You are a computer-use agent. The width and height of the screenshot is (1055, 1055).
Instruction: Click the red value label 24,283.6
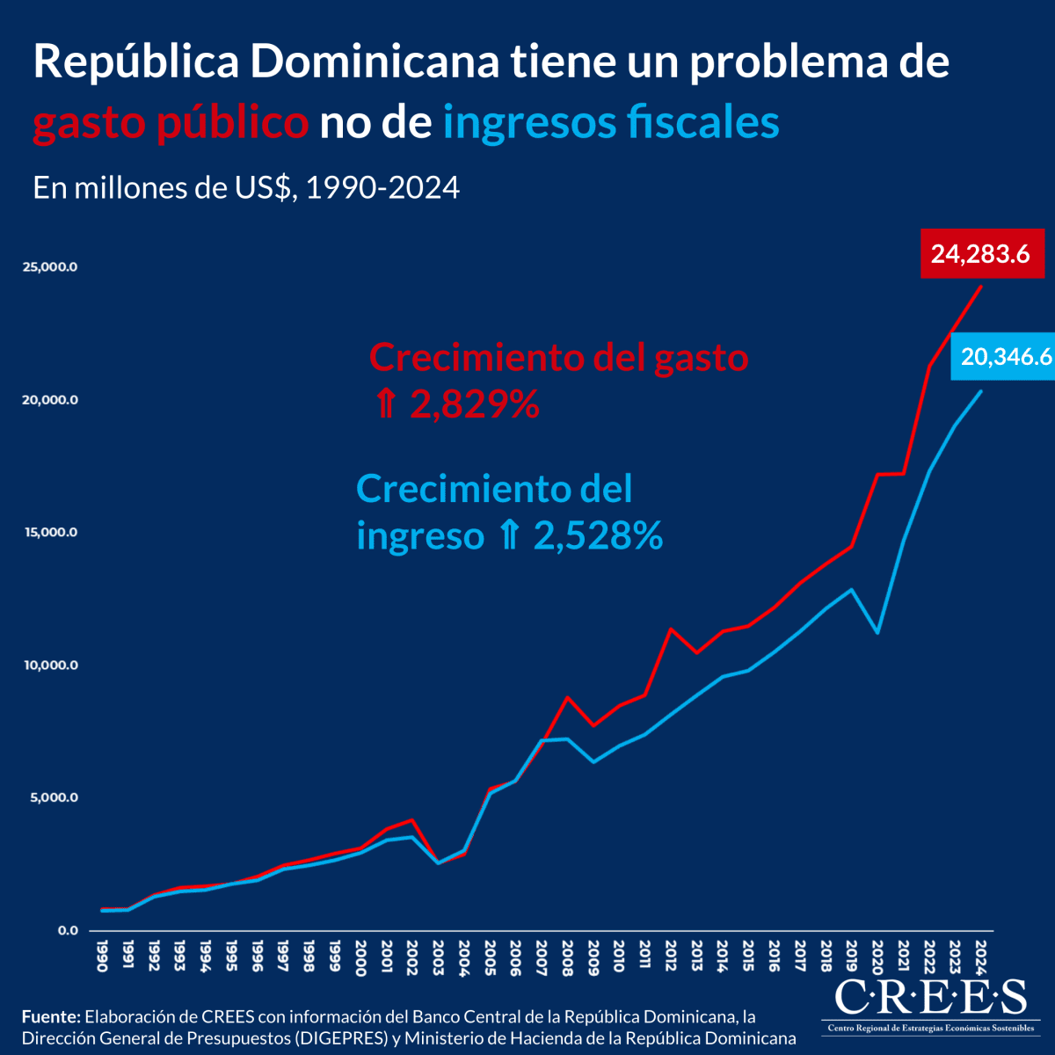click(980, 254)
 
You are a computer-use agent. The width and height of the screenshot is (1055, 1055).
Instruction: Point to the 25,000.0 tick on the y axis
click(51, 267)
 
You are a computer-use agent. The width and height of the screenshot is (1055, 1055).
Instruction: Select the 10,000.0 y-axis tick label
click(51, 666)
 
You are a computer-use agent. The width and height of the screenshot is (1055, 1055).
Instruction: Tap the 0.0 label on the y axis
click(68, 930)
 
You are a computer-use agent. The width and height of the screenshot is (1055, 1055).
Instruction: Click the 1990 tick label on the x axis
click(103, 953)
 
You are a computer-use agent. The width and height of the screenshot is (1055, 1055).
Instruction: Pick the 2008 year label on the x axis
click(568, 953)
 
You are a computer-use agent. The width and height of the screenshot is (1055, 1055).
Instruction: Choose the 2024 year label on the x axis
click(981, 953)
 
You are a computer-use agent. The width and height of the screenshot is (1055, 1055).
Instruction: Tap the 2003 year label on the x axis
click(439, 953)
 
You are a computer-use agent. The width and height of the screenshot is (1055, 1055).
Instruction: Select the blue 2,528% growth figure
click(598, 536)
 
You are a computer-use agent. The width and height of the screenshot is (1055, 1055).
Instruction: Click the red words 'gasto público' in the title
click(171, 123)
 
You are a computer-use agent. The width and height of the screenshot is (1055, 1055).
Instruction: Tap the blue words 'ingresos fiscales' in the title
click(611, 123)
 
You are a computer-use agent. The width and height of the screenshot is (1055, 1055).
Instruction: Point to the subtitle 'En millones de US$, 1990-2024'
click(246, 187)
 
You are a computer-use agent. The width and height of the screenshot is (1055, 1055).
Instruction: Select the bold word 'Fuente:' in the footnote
click(51, 1017)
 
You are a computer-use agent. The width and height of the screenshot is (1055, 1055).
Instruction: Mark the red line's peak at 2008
click(568, 697)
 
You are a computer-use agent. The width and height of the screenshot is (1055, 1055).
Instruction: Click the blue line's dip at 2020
click(877, 632)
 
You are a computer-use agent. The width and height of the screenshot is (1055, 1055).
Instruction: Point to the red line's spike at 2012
click(671, 629)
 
